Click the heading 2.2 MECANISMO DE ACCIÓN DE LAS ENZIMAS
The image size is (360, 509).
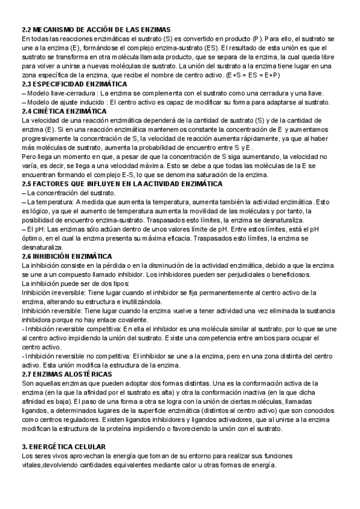(96, 29)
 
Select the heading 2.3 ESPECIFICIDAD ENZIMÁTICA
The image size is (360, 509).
(74, 84)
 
